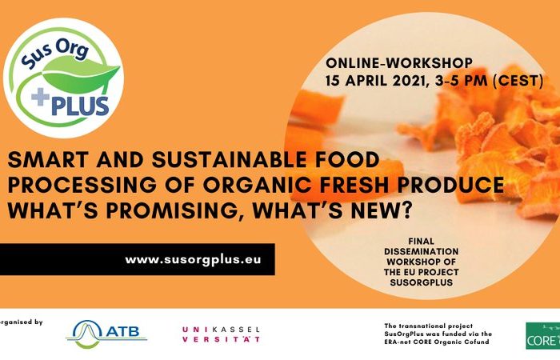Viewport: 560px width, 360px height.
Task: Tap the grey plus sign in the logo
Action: point(40,97)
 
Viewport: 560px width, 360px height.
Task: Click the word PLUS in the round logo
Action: point(80,106)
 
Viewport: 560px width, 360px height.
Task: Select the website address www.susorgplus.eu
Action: point(193,260)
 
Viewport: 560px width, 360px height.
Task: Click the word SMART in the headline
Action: point(48,160)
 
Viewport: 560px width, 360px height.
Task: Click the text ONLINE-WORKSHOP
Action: point(399,63)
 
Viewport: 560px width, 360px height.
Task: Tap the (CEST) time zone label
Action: point(518,81)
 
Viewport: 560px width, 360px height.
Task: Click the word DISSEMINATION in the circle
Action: point(422,251)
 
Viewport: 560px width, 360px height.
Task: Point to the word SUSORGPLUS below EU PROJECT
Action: point(422,282)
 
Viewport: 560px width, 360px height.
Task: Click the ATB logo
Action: point(106,334)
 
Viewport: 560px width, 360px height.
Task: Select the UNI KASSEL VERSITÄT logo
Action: point(221,334)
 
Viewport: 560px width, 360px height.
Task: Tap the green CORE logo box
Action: point(543,336)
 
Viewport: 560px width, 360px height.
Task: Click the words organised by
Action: point(21,322)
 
